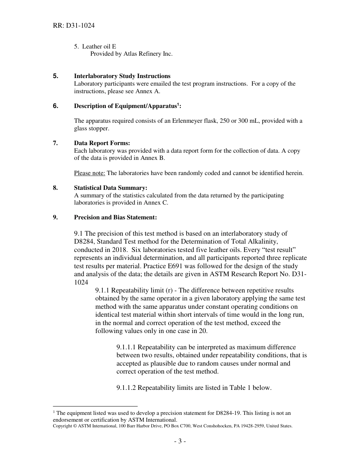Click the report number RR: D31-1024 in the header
pos(74,26)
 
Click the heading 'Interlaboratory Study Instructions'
pos(122,76)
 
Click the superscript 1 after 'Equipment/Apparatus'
pos(178,105)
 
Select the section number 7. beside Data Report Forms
pos(55,143)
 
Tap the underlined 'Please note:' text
pos(89,173)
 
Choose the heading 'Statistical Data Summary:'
pos(111,188)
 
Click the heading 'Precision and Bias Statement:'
pos(115,217)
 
